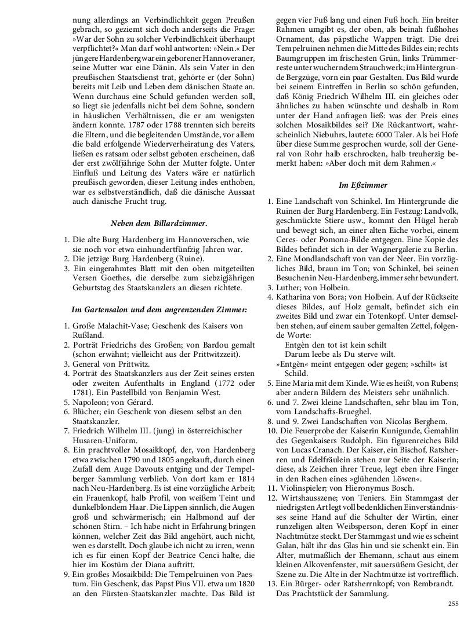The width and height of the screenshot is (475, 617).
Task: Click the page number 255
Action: tap(453, 604)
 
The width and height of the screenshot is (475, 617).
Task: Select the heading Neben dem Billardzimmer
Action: tap(159, 222)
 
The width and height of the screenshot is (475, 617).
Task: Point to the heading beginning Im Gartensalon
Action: tap(159, 310)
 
